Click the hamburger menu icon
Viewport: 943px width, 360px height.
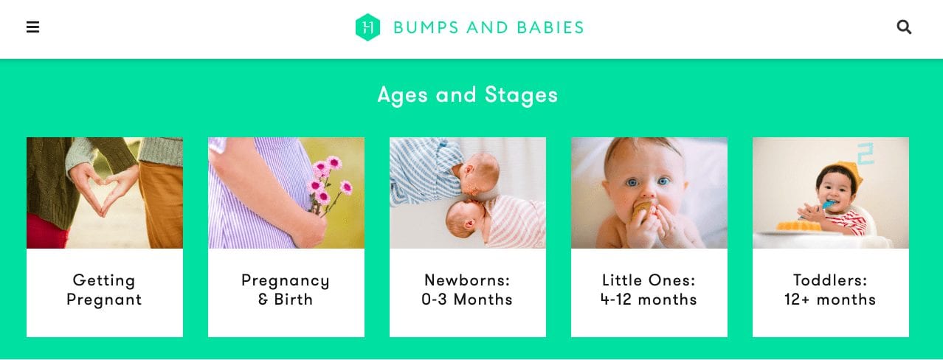click(x=33, y=27)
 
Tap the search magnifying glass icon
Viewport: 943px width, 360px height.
click(x=904, y=27)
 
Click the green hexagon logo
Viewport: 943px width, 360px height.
click(x=367, y=27)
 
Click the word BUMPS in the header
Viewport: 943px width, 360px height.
click(x=426, y=28)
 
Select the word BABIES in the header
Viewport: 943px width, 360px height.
click(x=550, y=28)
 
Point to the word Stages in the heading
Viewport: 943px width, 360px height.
click(x=521, y=95)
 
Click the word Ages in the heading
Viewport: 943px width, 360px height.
click(x=402, y=95)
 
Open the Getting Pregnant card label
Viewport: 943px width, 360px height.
click(x=104, y=290)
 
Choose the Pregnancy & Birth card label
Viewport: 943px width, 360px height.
click(x=286, y=290)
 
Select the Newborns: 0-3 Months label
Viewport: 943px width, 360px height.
click(x=467, y=290)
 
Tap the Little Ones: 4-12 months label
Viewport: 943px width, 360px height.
click(x=649, y=290)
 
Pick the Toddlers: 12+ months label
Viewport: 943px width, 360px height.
click(x=830, y=290)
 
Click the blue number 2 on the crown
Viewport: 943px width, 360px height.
click(x=866, y=153)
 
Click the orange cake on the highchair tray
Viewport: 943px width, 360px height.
click(x=798, y=226)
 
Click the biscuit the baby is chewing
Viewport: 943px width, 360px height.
click(x=643, y=210)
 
